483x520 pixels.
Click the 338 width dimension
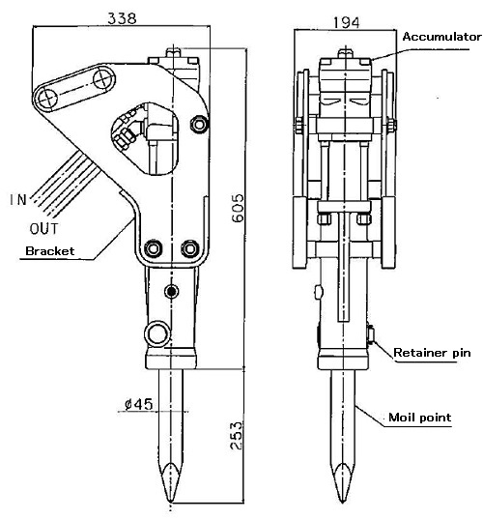click(x=122, y=18)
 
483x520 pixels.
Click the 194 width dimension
click(x=346, y=23)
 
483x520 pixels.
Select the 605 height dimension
click(x=238, y=208)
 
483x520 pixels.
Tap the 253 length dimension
click(x=237, y=436)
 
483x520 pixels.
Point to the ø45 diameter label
click(x=139, y=404)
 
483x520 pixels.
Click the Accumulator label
click(x=441, y=37)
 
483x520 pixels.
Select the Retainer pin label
click(x=432, y=352)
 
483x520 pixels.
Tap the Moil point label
click(x=419, y=417)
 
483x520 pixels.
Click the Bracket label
click(x=50, y=250)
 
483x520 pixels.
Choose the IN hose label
click(x=18, y=200)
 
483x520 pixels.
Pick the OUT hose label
click(x=43, y=228)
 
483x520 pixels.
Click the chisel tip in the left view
click(x=170, y=501)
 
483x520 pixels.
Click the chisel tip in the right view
click(x=342, y=501)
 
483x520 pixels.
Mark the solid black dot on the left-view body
click(x=171, y=292)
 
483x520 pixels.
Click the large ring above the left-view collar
click(x=157, y=333)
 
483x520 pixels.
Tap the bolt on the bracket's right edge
click(x=199, y=125)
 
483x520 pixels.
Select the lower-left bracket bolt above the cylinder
click(x=154, y=248)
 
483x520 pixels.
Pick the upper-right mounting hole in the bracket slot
click(x=102, y=79)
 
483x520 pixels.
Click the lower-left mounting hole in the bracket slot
click(x=48, y=99)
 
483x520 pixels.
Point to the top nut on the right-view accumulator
click(x=346, y=53)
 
